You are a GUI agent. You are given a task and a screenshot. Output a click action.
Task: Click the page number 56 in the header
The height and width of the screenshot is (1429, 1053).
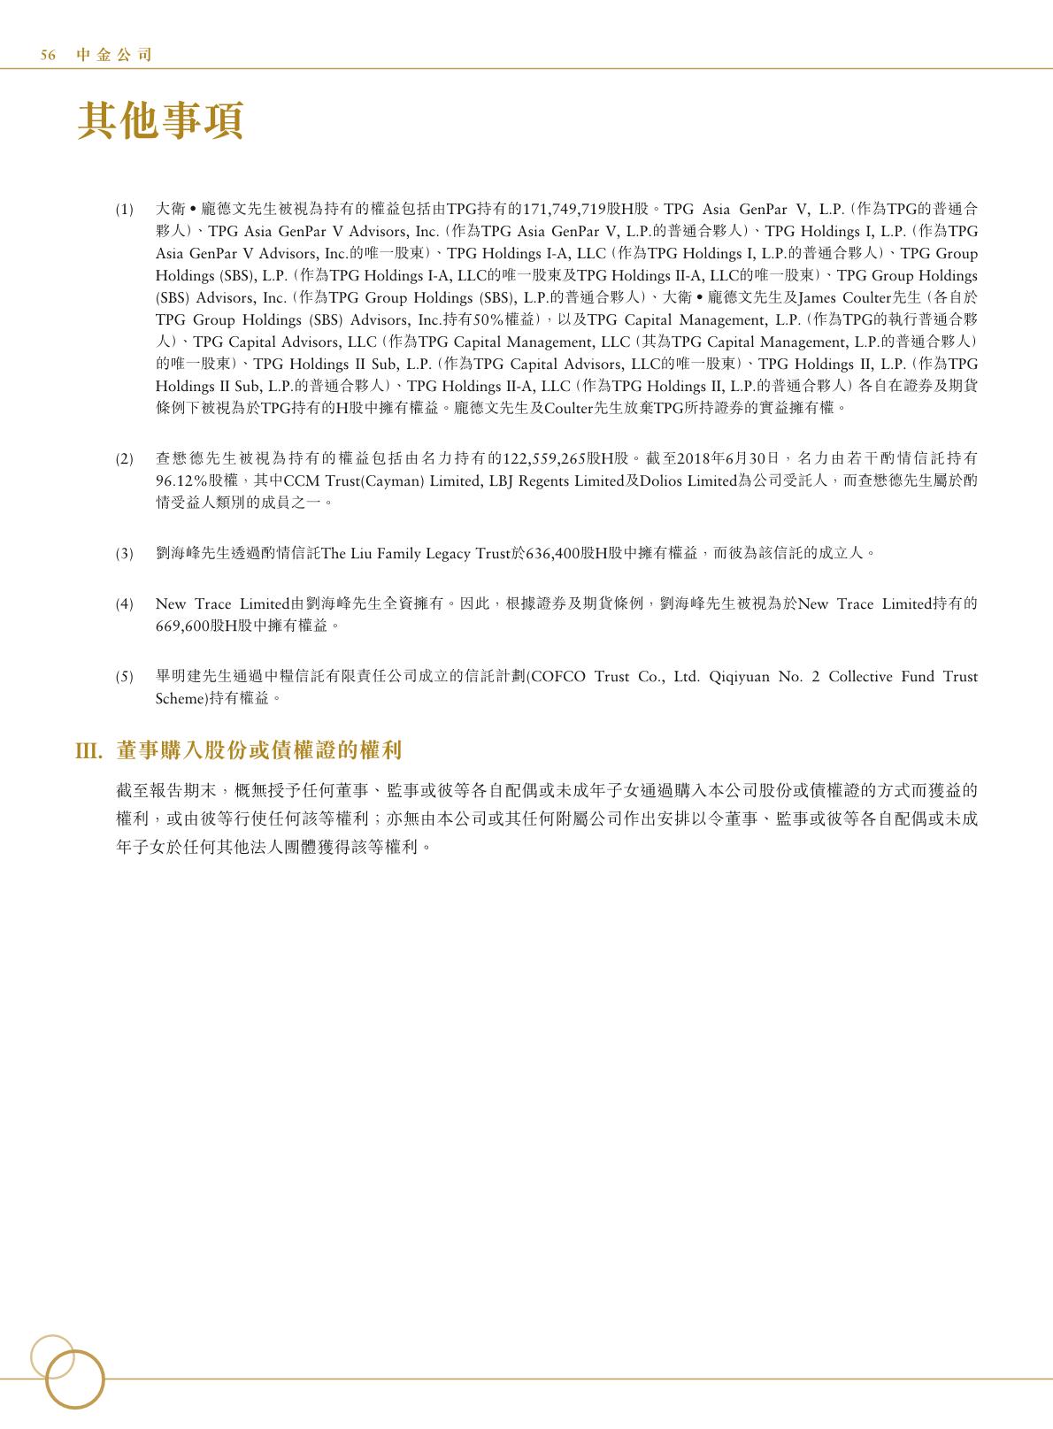(x=49, y=55)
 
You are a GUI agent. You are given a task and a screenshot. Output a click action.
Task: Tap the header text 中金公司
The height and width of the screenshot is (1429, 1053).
(x=114, y=55)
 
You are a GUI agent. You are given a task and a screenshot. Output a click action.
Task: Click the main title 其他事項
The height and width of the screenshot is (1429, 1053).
(x=160, y=121)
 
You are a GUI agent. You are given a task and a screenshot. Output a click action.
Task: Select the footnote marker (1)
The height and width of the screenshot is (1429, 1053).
(x=125, y=210)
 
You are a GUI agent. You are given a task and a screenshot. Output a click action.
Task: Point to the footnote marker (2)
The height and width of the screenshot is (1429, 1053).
(x=125, y=458)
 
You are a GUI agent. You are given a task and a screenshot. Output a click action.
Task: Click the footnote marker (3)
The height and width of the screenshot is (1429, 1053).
(x=125, y=554)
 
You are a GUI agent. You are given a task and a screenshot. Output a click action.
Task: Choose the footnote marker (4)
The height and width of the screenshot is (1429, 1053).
(x=125, y=604)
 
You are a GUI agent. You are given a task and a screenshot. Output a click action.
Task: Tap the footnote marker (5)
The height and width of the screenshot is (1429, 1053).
(x=125, y=677)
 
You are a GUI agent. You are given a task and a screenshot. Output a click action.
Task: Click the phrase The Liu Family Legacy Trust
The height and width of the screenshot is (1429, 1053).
(x=416, y=554)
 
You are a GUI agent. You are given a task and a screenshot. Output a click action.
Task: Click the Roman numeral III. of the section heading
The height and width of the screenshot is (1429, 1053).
(x=89, y=751)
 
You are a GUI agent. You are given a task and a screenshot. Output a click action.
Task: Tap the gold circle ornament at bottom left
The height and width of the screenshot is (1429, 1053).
(x=74, y=1380)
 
